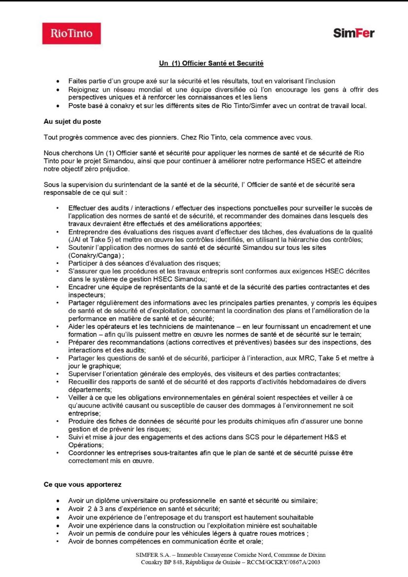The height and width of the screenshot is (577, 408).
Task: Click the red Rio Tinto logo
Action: tap(71, 34)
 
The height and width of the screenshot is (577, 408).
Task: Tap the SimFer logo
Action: tap(353, 34)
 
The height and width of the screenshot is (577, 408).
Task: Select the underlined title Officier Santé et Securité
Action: tap(211, 63)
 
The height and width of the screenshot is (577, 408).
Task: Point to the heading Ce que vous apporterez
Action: tap(83, 484)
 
